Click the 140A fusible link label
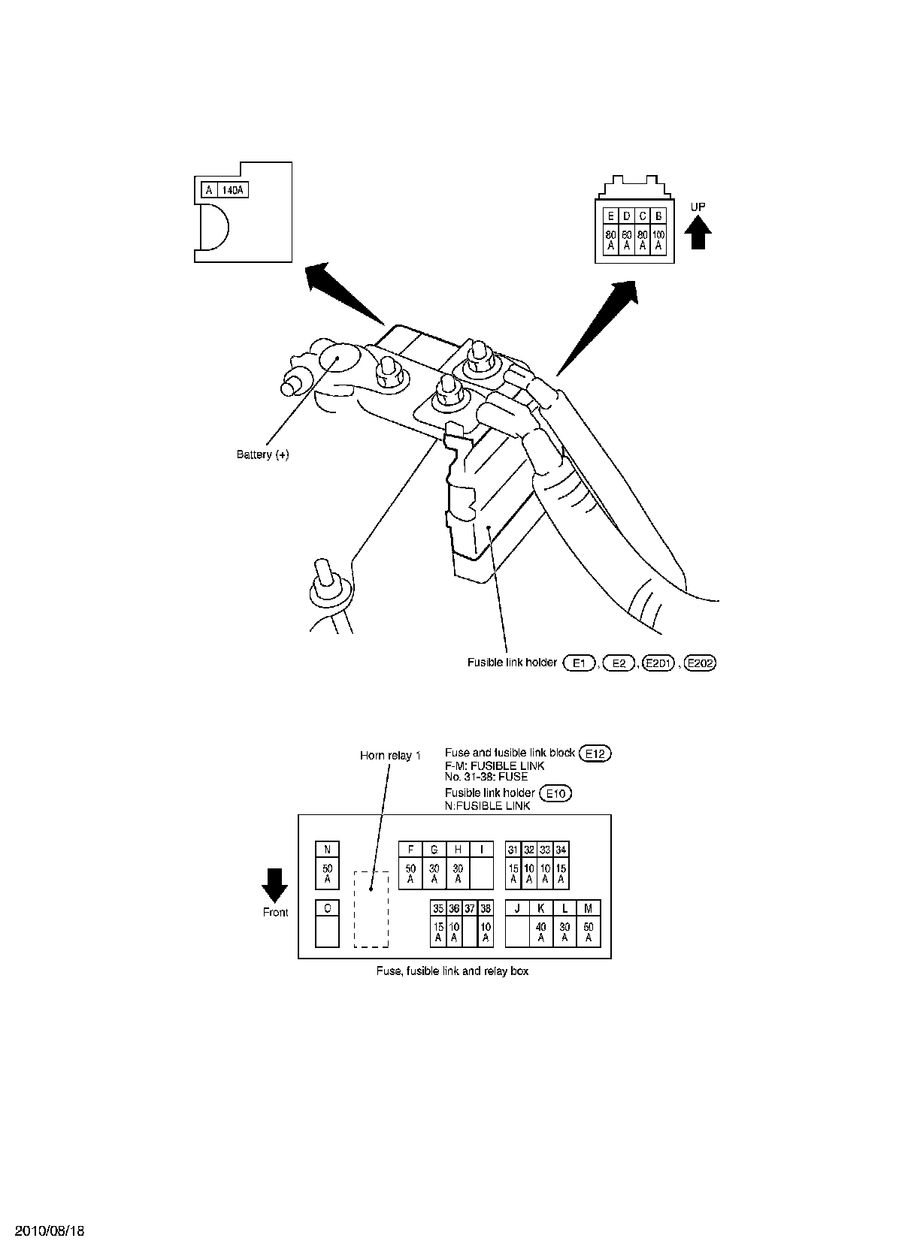pos(233,190)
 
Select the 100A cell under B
pos(658,240)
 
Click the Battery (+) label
pos(262,454)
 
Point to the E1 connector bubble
pos(579,663)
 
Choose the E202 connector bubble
pos(701,663)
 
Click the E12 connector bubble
pos(596,753)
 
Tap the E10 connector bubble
pos(556,793)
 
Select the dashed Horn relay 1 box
pos(371,909)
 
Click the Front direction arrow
pos(274,884)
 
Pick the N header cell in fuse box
pos(327,850)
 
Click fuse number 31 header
pos(513,850)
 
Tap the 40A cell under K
pos(540,932)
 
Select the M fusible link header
pos(588,908)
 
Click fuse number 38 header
pos(486,908)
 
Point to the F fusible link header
pos(410,850)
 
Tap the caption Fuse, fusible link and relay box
pos(452,971)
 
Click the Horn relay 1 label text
pos(390,756)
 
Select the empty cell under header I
pos(481,874)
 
